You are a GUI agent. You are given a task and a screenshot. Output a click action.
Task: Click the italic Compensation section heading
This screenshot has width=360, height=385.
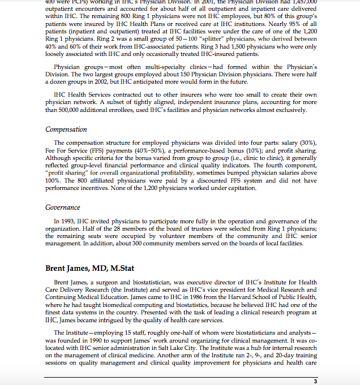pos(66,129)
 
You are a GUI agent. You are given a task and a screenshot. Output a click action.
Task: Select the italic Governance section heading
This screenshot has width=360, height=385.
pos(63,207)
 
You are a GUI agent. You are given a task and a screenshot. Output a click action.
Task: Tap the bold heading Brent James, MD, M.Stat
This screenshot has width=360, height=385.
pos(89,268)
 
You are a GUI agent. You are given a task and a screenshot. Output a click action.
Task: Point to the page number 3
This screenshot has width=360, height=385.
pos(315,382)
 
